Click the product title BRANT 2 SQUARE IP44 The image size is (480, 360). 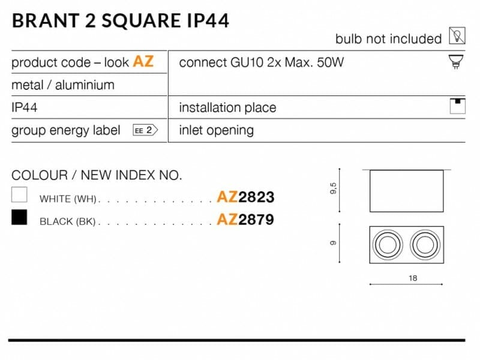[121, 21]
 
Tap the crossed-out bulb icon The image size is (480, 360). [457, 36]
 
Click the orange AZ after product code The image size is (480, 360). [143, 61]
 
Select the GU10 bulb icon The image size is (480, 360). [456, 62]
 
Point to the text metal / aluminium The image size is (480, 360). [63, 85]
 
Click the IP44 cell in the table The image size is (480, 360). [24, 107]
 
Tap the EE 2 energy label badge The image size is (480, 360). [145, 130]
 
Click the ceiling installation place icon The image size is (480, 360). [457, 106]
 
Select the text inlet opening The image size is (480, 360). [217, 130]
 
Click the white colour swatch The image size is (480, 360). [19, 194]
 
